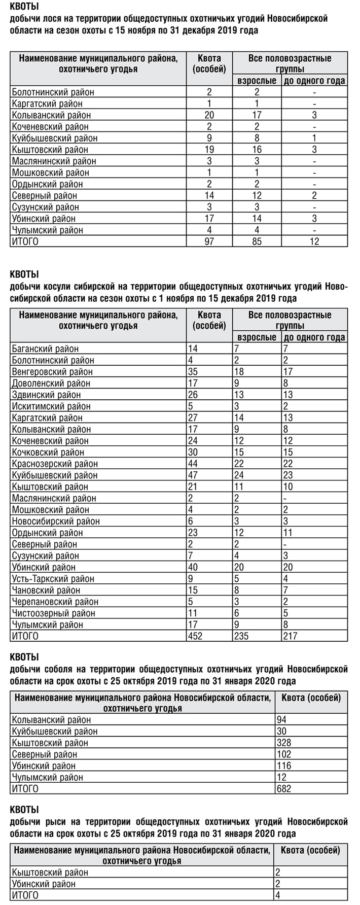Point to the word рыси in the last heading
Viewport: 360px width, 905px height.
tap(49, 822)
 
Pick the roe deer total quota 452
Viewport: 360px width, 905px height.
tap(195, 636)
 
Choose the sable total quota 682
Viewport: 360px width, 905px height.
tap(284, 789)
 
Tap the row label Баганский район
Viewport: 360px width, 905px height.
tap(45, 349)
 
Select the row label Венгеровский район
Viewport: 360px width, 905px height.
tap(52, 372)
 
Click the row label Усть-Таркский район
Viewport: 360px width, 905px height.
tap(53, 579)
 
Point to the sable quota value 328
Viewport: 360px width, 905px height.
tap(284, 743)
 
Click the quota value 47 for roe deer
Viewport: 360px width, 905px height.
tap(193, 475)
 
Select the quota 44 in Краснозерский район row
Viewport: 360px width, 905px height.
tap(193, 464)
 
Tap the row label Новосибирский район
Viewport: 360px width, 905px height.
tap(55, 521)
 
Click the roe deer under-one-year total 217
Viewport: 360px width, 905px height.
tap(291, 636)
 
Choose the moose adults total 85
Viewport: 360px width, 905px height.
tap(257, 241)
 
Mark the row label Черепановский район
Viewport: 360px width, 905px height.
tap(55, 602)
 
